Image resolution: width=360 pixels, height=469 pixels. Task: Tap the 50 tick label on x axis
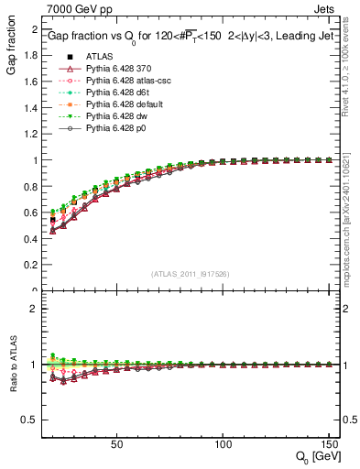(x=116, y=445)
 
